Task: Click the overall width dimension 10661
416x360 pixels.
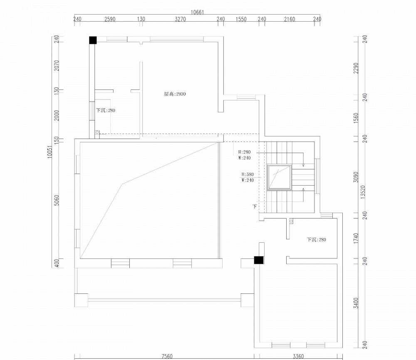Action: pos(197,12)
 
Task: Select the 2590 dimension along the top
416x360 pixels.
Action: pos(110,19)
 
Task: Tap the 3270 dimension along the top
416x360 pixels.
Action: pos(181,19)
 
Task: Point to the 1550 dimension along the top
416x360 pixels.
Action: pos(241,19)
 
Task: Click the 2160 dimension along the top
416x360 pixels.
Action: pos(290,19)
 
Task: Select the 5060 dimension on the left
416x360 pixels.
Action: pos(57,200)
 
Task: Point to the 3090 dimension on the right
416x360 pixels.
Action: pos(356,177)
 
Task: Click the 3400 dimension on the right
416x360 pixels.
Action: pos(356,303)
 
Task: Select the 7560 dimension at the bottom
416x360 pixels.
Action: pos(167,356)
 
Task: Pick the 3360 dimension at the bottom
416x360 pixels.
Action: pos(298,356)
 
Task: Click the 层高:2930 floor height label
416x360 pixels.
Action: pos(175,94)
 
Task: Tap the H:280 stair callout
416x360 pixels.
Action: pos(244,152)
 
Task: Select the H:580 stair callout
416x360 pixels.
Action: pos(248,174)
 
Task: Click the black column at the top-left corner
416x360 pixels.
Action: pos(93,40)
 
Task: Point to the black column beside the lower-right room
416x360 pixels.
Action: pos(259,260)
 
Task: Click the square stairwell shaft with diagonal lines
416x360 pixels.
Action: pos(279,177)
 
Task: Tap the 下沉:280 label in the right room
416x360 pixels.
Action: pos(317,240)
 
